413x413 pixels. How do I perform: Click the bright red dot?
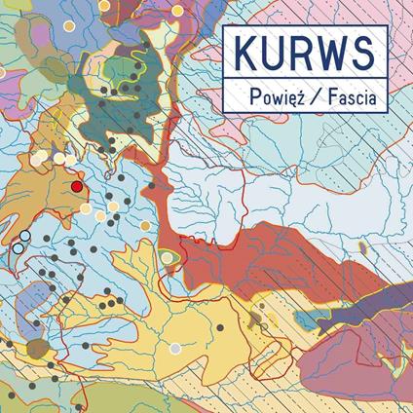click(76, 185)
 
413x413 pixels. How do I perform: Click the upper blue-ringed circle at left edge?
click(24, 236)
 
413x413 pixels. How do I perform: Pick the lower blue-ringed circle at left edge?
click(18, 248)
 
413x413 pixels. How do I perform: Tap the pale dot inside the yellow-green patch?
click(168, 256)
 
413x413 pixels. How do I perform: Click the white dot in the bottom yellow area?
click(175, 347)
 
